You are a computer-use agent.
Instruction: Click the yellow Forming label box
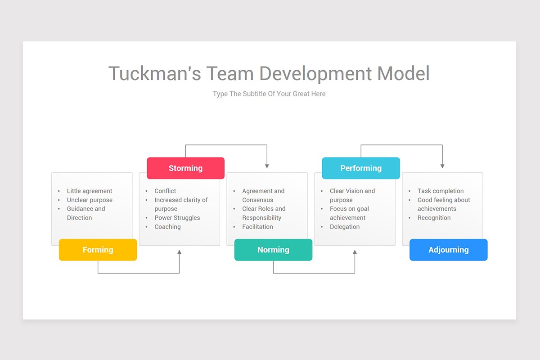(x=98, y=250)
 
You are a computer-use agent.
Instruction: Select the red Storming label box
(x=185, y=168)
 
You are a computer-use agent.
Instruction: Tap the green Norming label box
(x=274, y=250)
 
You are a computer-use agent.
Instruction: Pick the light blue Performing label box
(x=361, y=168)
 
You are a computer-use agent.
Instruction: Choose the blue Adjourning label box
(x=448, y=250)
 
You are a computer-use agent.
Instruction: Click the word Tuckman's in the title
(x=155, y=73)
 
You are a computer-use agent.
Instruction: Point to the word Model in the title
(x=403, y=73)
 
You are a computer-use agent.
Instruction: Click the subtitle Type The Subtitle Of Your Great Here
(x=269, y=94)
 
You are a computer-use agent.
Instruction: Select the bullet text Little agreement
(x=90, y=191)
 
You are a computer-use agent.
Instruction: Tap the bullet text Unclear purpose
(x=90, y=200)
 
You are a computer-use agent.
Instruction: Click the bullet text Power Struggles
(x=177, y=218)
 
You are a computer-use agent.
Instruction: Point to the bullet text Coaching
(x=167, y=227)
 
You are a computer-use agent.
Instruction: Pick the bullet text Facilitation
(x=257, y=227)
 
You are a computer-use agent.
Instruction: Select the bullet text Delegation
(x=345, y=227)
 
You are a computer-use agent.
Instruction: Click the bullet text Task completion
(x=441, y=191)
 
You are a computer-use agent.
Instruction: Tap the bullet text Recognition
(x=434, y=218)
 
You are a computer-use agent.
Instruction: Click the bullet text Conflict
(x=165, y=191)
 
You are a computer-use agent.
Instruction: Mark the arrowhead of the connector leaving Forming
(x=180, y=252)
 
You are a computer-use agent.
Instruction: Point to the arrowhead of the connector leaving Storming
(x=267, y=166)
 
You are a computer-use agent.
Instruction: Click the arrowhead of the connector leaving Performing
(x=442, y=166)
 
